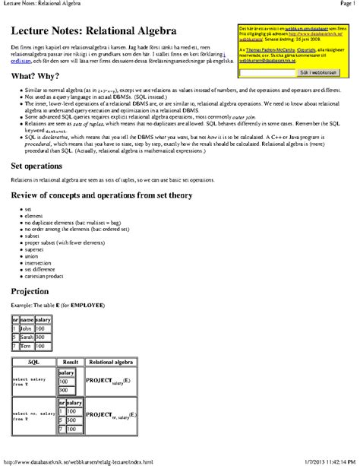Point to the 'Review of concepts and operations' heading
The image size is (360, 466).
point(98,195)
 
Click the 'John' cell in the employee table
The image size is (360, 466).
point(27,328)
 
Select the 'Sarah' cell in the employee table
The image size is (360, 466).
point(27,335)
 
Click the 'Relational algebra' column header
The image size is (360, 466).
point(112,363)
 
